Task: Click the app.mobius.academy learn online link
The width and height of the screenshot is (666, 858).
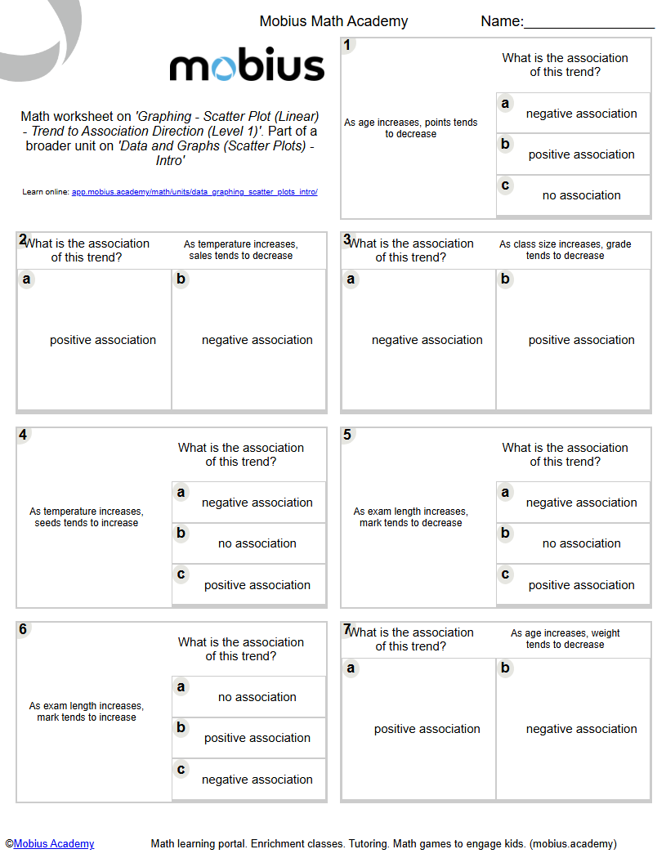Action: tap(194, 192)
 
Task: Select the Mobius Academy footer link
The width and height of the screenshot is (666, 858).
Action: tap(54, 843)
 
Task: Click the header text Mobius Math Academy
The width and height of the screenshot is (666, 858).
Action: tap(333, 21)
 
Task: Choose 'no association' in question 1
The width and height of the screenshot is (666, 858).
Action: tap(581, 195)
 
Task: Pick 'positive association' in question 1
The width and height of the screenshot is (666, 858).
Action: tap(581, 154)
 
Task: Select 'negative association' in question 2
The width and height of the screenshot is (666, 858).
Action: tap(257, 340)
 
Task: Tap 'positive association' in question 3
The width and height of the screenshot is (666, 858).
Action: tap(581, 340)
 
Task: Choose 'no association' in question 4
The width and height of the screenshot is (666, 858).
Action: tap(257, 543)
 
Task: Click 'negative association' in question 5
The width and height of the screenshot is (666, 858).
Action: tap(581, 503)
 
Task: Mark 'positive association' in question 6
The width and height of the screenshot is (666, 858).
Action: tap(257, 738)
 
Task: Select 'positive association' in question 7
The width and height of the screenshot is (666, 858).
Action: tap(427, 729)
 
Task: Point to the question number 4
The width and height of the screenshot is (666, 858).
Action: tap(23, 435)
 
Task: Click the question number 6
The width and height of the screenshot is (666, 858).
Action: tap(23, 629)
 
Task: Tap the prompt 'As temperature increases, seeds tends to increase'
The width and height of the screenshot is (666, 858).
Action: tap(87, 517)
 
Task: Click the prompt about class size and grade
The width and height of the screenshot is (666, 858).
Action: tap(565, 250)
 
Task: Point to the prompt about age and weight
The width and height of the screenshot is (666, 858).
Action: tap(565, 639)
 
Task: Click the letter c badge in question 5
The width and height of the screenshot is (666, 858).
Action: tap(505, 574)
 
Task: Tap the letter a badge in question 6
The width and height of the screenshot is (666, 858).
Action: tap(181, 687)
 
